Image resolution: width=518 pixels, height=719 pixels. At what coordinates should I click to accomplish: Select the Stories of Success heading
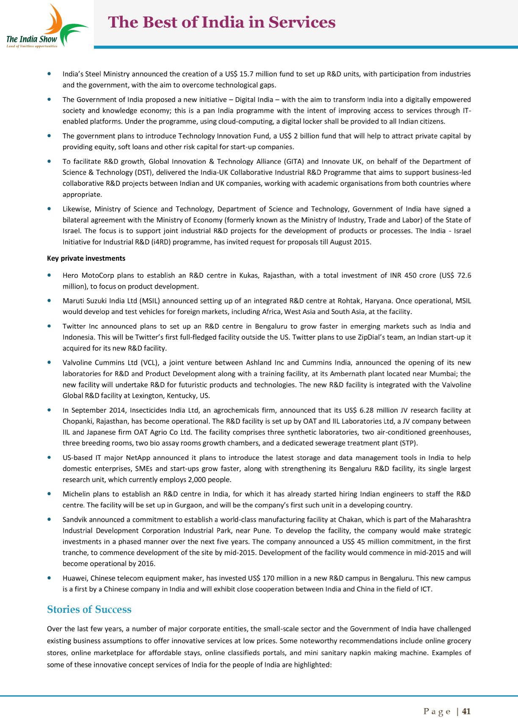coord(89,609)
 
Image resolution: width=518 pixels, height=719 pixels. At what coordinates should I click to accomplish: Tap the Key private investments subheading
coord(86,258)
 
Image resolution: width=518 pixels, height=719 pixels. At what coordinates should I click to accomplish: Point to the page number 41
coord(466,711)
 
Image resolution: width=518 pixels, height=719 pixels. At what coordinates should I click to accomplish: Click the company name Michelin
coord(76,494)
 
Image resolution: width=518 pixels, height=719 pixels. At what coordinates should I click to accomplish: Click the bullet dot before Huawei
coord(50,578)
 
